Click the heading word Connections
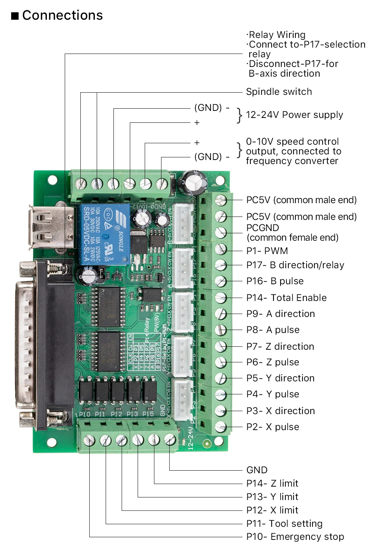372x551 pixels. coord(62,15)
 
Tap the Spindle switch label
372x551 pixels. coord(279,92)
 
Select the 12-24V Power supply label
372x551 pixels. coord(294,115)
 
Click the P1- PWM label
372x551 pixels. coord(267,251)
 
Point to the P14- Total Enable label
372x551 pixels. coord(286,298)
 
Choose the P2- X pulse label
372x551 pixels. coord(273,427)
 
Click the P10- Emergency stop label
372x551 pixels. coord(295,537)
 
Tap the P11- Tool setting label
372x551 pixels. coord(284,523)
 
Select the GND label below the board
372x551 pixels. coord(257,470)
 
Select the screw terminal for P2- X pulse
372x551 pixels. coord(221,427)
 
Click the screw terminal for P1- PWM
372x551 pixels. coord(221,249)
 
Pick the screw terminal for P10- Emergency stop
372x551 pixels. coord(90,441)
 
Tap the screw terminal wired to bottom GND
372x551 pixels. coord(170,440)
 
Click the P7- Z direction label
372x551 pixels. coord(280,346)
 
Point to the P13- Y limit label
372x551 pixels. coord(272,497)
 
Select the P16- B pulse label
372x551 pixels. coord(275,281)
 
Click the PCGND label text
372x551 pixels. coord(263,228)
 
